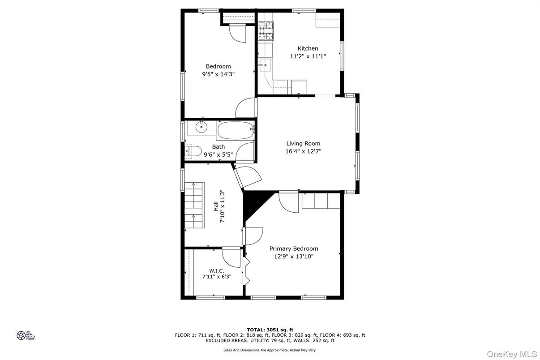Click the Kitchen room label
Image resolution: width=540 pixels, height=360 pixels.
(x=308, y=48)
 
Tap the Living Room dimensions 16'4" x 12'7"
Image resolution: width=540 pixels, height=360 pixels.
(x=304, y=151)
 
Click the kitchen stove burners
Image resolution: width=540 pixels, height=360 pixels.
(x=265, y=32)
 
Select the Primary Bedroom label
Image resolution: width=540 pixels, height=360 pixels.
(x=294, y=249)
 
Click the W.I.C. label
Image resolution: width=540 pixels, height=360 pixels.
(x=216, y=270)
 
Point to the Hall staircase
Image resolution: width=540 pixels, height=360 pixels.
(x=194, y=206)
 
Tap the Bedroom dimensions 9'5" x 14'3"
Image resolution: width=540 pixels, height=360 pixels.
(x=219, y=74)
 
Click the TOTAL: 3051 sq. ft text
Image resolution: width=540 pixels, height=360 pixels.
(x=270, y=330)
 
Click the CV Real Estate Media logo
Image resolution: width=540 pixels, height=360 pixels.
(x=21, y=335)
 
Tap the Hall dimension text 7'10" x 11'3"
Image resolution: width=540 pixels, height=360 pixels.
(x=221, y=207)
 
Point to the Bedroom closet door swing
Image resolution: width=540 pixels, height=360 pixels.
(x=237, y=34)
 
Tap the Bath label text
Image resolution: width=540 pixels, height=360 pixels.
(x=219, y=146)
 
